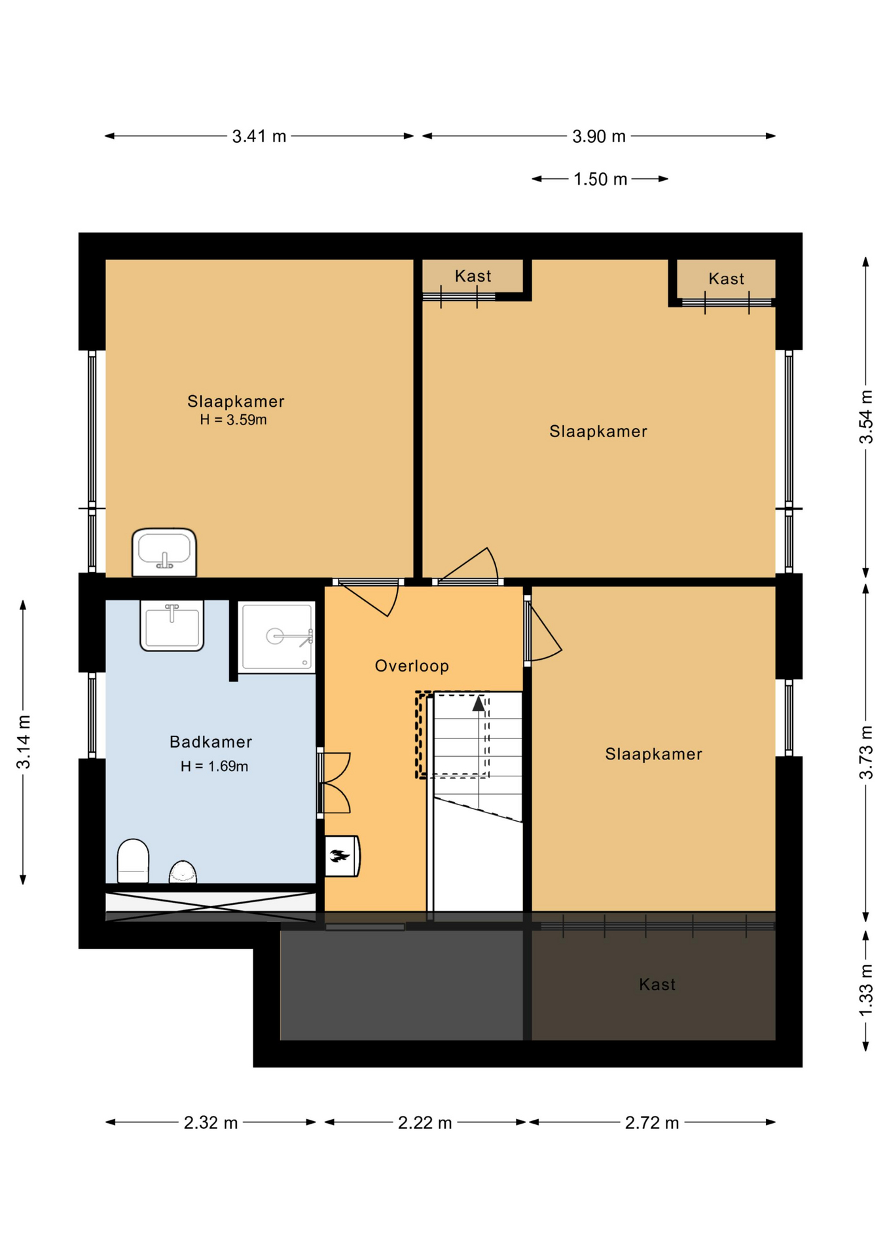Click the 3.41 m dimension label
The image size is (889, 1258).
tap(259, 136)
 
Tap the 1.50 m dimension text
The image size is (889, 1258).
tap(600, 179)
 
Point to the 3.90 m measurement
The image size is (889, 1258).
tap(599, 136)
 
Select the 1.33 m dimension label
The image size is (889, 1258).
tap(866, 990)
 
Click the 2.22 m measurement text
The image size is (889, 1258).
tap(425, 1123)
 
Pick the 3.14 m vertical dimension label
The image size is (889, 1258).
tap(24, 742)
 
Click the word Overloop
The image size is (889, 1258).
tap(412, 666)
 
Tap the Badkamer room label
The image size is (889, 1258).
tap(211, 742)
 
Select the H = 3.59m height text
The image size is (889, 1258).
tap(234, 420)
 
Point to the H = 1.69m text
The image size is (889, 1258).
tap(215, 766)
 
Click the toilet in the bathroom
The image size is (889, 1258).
tap(133, 861)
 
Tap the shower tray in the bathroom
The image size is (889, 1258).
tap(277, 637)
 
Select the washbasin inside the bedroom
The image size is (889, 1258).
tap(164, 552)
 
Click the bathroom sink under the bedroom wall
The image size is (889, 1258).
tap(172, 626)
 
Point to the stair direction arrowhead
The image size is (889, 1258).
tap(479, 704)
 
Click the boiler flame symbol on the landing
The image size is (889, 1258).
tap(340, 855)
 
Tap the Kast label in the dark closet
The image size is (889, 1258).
tap(657, 984)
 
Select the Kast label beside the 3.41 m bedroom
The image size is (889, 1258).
tap(473, 276)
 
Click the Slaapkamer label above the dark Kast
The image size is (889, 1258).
tap(653, 753)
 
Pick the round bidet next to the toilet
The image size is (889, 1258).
tap(183, 872)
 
